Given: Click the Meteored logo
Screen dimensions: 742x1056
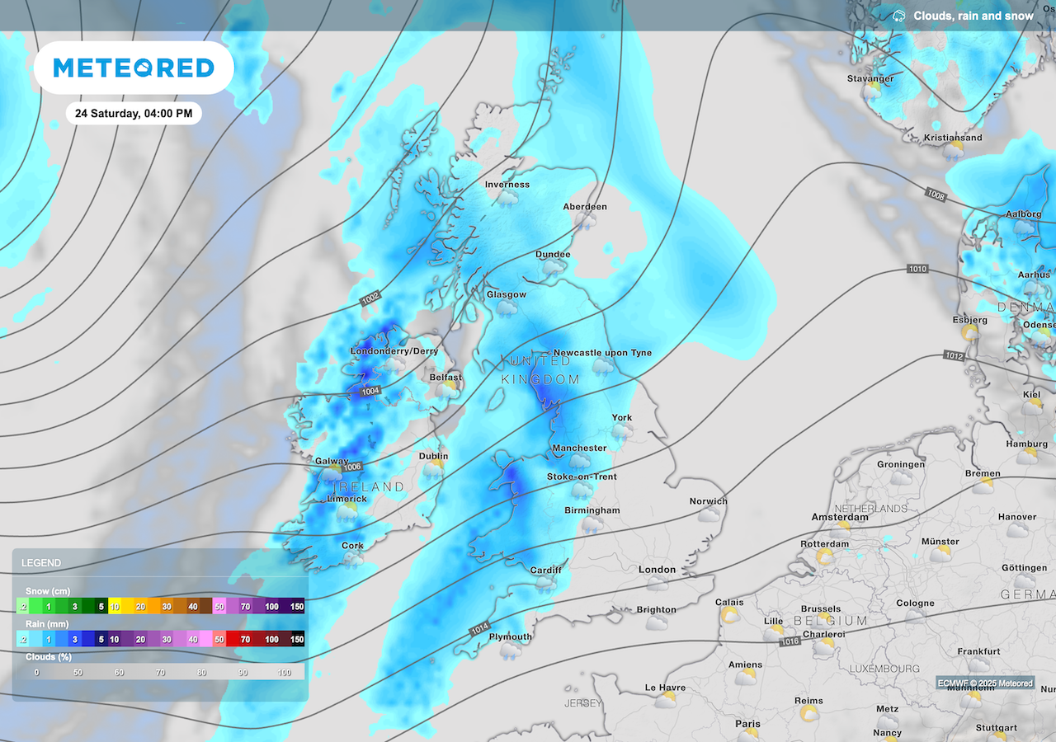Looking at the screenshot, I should (x=134, y=68).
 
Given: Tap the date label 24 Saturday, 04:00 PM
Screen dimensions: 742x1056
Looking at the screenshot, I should (x=134, y=114).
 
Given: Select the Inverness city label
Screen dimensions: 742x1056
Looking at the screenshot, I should (x=507, y=185).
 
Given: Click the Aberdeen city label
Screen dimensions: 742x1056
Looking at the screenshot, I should (x=585, y=207).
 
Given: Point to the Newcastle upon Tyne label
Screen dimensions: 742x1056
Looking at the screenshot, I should (x=602, y=353).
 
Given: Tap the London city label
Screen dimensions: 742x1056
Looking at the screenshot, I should (x=657, y=570).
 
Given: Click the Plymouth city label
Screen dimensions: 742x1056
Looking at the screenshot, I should (x=510, y=637).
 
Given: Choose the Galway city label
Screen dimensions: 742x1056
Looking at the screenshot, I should (x=332, y=462).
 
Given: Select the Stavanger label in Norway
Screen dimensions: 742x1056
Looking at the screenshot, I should (x=870, y=79).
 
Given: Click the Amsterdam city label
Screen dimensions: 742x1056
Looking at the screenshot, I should (x=839, y=517).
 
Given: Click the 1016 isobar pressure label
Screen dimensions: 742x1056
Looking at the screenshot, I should (x=790, y=641).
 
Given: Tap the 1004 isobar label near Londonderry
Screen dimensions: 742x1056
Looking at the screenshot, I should (x=371, y=392).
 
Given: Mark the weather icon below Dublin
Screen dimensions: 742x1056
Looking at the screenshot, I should (x=432, y=469).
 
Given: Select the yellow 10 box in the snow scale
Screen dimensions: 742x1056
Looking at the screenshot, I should (x=115, y=607).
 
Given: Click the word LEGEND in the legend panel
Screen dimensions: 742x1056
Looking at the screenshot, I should (x=41, y=563).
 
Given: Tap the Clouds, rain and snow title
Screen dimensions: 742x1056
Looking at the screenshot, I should (x=973, y=16).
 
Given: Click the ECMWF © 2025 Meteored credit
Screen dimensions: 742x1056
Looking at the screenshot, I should (x=984, y=683).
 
